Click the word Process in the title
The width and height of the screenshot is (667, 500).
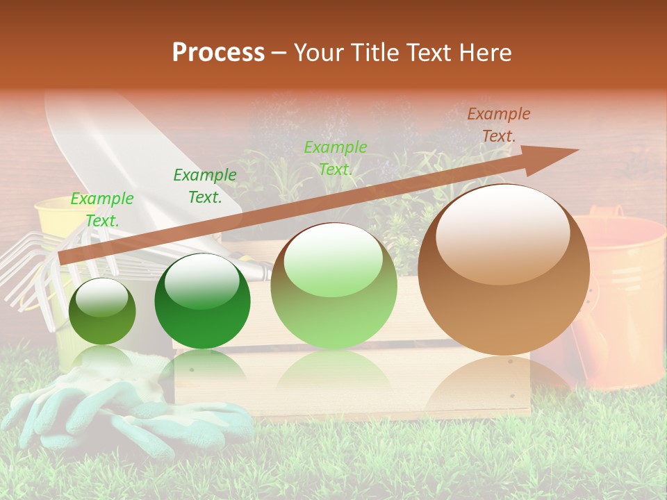click(218, 52)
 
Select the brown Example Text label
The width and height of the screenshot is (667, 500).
click(498, 125)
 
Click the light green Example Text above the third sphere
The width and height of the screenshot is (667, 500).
click(336, 158)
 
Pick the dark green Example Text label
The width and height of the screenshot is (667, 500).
click(205, 186)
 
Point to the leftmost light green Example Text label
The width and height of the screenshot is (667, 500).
click(102, 209)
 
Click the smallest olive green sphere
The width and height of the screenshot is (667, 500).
click(102, 311)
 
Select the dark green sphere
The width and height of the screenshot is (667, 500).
click(202, 301)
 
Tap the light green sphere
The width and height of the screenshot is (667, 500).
click(333, 286)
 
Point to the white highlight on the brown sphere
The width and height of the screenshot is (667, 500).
click(502, 234)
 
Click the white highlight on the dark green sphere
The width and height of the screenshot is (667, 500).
click(201, 280)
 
